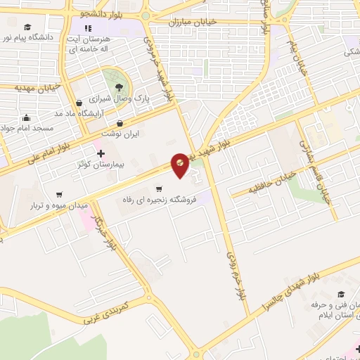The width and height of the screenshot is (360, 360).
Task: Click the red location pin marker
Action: pyautogui.click(x=181, y=162)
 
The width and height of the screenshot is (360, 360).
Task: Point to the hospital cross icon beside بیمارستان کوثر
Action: pyautogui.click(x=101, y=153)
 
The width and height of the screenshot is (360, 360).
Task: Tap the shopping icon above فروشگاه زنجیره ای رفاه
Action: pyautogui.click(x=160, y=188)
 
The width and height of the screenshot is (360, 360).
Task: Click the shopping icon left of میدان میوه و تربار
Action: pyautogui.click(x=58, y=194)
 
